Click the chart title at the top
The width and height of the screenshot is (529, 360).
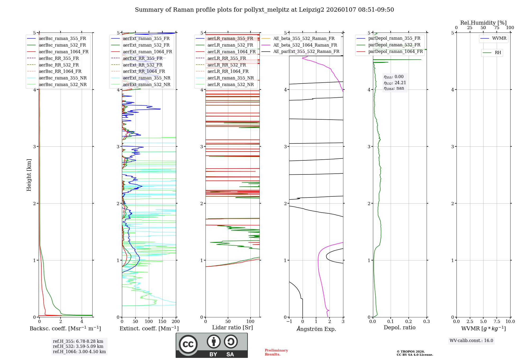click(x=264, y=10)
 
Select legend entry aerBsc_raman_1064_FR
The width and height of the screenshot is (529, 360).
click(x=63, y=52)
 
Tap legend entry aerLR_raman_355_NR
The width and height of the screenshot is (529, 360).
click(x=230, y=78)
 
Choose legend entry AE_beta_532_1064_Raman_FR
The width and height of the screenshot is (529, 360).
click(x=305, y=45)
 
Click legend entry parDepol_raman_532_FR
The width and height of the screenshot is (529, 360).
click(x=394, y=45)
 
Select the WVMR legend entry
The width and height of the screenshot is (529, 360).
click(x=499, y=38)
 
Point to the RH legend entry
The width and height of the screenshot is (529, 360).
click(x=498, y=53)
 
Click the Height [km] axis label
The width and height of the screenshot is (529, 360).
click(x=29, y=175)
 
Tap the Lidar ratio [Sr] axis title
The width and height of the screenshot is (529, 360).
click(x=232, y=327)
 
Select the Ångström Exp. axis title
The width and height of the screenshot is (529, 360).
click(x=316, y=329)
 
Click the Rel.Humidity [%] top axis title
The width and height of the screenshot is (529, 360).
click(x=483, y=23)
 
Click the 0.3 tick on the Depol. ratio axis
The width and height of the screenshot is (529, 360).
click(x=426, y=321)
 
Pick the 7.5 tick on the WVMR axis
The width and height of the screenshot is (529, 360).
click(x=497, y=321)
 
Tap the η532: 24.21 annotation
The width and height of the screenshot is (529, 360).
click(x=395, y=83)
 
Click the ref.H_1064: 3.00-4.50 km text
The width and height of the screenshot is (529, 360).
click(x=79, y=352)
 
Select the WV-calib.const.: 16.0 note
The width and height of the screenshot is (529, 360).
click(x=471, y=340)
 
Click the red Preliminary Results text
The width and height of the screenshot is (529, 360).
click(x=276, y=352)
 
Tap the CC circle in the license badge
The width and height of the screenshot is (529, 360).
click(x=188, y=344)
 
